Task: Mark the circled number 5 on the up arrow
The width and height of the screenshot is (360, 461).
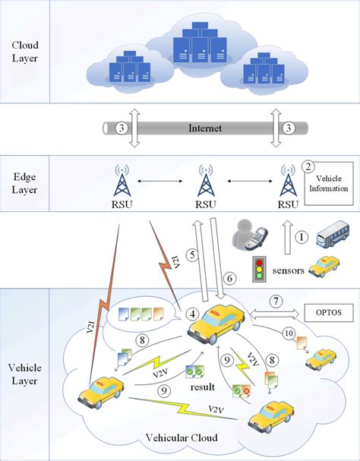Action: pos(193,254)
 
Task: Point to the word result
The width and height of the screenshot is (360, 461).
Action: pos(201,387)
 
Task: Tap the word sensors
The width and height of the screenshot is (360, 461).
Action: pos(295,270)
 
